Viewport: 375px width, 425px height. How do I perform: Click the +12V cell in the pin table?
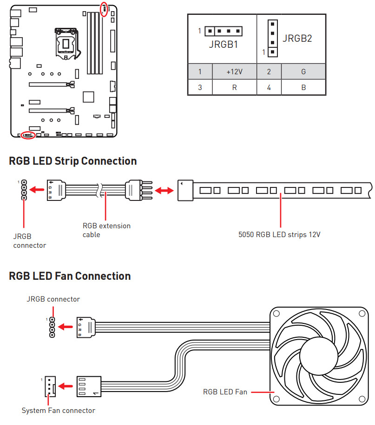pyautogui.click(x=234, y=72)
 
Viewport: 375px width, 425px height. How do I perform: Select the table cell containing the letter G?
pyautogui.click(x=303, y=72)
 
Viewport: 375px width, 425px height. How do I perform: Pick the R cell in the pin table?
pyautogui.click(x=234, y=87)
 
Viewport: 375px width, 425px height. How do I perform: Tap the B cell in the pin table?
pyautogui.click(x=303, y=87)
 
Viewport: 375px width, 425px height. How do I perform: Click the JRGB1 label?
pyautogui.click(x=223, y=45)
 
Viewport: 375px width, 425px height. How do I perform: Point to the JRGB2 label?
pyautogui.click(x=297, y=39)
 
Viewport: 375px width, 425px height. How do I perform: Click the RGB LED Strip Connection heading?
pyautogui.click(x=73, y=161)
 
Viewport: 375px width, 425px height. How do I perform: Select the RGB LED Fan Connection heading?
pyautogui.click(x=70, y=276)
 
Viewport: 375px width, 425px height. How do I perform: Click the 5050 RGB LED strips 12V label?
pyautogui.click(x=279, y=235)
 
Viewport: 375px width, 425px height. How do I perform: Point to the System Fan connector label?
pyautogui.click(x=59, y=411)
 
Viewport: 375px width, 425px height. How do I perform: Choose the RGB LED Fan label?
pyautogui.click(x=225, y=392)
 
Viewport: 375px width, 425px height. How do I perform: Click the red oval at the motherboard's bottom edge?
pyautogui.click(x=28, y=135)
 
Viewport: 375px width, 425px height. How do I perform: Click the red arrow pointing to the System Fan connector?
pyautogui.click(x=67, y=386)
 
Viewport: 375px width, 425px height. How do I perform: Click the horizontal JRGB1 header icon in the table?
pyautogui.click(x=224, y=32)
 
